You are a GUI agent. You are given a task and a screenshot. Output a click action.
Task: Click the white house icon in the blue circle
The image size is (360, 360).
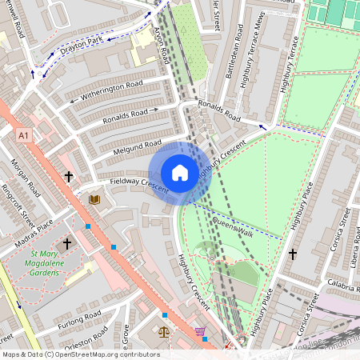coord(180,173)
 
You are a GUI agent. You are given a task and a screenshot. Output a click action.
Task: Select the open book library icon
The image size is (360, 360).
coord(94,198)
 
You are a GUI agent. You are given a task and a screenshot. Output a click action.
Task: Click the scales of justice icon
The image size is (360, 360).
coord(164,330)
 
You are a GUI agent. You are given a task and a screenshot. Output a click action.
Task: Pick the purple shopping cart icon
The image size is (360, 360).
coord(200,331)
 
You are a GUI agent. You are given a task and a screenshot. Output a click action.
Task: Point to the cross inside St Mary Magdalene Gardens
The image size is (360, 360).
coord(67,242)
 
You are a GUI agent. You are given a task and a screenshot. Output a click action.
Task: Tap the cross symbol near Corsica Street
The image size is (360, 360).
coord(292,254)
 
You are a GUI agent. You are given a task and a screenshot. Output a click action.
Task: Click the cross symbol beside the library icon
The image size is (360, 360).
coord(69,176)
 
